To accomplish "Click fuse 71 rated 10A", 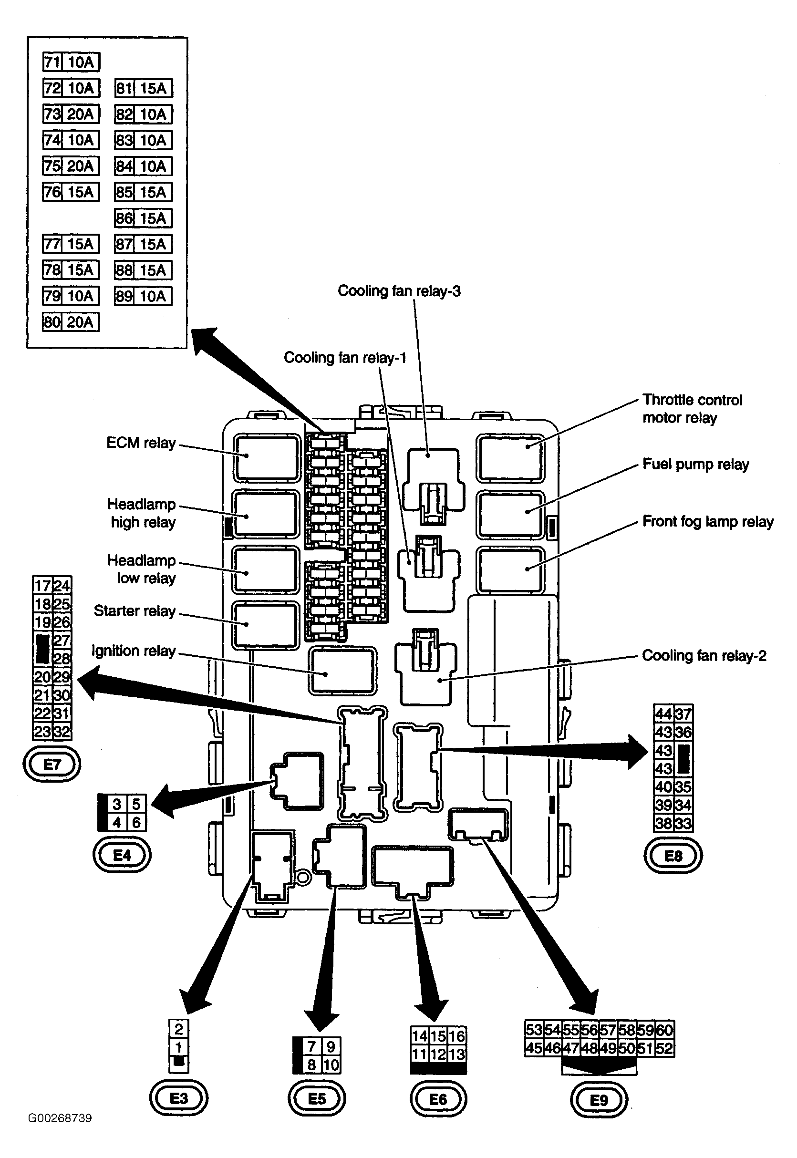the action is pos(72,62).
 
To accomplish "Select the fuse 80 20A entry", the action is pos(71,322).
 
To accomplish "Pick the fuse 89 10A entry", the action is pos(143,296).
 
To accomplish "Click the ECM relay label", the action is pos(141,443).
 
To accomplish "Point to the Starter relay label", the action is pos(135,610).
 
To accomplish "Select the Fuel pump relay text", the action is pos(695,464).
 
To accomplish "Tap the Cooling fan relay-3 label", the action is pos(399,290).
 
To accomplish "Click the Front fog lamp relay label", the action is pos(708,521).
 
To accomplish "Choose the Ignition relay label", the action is pos(134,651).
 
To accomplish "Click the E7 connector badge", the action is pos(52,764).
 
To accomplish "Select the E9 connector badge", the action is pos(599,1100).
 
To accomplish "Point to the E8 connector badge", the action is pos(673,856).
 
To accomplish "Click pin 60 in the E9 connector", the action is pos(665,1030).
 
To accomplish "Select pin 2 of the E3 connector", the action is pos(179,1029).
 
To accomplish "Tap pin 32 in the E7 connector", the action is pos(62,732).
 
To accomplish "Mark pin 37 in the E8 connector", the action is pos(683,714).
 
